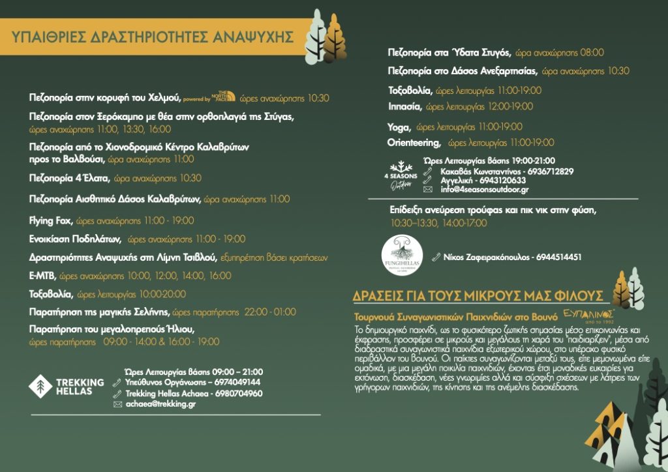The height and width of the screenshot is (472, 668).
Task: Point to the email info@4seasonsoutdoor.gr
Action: coord(485,190)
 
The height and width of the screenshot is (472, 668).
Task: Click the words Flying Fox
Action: coord(52,220)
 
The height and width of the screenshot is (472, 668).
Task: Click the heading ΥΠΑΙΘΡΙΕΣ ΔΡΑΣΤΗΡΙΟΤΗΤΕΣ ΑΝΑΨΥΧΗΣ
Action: coord(152,37)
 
